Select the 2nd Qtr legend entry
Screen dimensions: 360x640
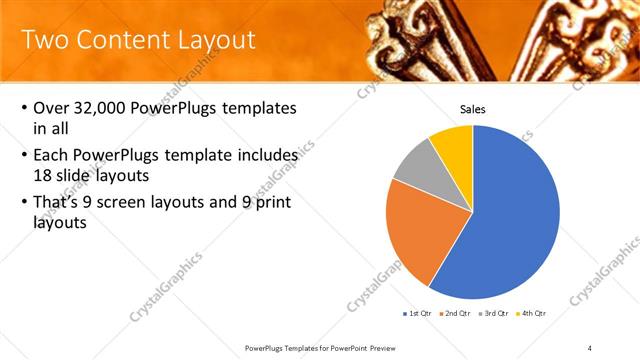(x=455, y=313)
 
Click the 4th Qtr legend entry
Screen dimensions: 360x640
(x=533, y=313)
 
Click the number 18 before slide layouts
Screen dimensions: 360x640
(x=43, y=174)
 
